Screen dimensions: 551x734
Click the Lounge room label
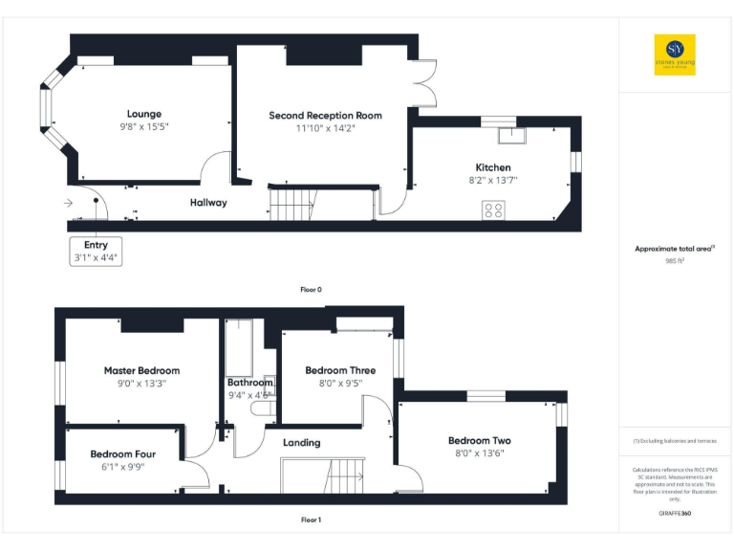[x=145, y=114]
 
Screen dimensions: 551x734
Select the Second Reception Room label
[x=325, y=116]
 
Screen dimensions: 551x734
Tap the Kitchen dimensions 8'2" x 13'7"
[x=491, y=180]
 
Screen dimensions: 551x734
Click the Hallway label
[x=208, y=203]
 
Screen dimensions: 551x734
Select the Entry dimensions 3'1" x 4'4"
[x=97, y=258]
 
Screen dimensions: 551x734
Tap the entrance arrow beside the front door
[x=68, y=203]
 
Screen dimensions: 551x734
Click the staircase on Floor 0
[x=291, y=203]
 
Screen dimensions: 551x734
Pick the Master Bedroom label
[x=141, y=370]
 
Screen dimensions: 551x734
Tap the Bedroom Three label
[x=340, y=370]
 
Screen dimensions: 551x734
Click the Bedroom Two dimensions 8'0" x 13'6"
[x=480, y=453]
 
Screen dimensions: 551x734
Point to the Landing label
[x=301, y=443]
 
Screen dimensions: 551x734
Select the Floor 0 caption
[x=312, y=289]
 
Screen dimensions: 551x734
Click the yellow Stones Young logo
[x=675, y=55]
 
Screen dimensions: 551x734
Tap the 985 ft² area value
[x=675, y=260]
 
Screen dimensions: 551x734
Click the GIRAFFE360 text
[x=675, y=515]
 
